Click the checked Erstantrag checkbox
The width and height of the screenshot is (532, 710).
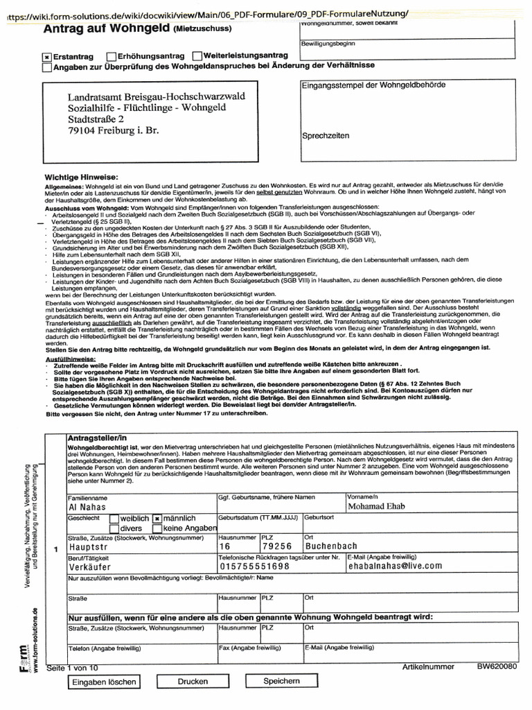(46, 56)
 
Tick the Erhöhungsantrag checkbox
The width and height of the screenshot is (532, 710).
(112, 55)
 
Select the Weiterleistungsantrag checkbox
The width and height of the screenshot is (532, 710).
(197, 55)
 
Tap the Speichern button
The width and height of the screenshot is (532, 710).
(282, 682)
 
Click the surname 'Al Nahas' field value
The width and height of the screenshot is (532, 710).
(87, 508)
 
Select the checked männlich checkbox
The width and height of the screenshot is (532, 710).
(158, 519)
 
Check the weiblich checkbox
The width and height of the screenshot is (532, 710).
(114, 519)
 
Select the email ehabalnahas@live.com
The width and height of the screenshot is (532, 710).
(395, 566)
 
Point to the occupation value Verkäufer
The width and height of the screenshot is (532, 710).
(91, 566)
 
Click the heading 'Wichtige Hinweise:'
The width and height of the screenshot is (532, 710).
(82, 177)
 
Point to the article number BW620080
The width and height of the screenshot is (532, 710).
(497, 667)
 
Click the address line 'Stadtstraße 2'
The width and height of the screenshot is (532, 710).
(96, 119)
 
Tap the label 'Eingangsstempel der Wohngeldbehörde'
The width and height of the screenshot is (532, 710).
(373, 85)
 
